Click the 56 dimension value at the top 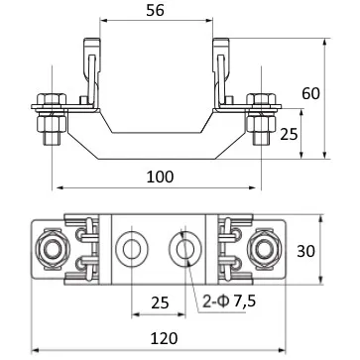tap(155, 11)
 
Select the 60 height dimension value tap(310, 93)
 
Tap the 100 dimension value tap(160, 178)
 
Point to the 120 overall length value tap(165, 338)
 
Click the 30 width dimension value tap(305, 251)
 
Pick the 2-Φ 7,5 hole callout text tap(229, 301)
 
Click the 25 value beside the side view tap(289, 134)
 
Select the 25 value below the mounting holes tap(160, 302)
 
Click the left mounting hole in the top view tap(132, 249)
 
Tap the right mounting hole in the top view tap(185, 249)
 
